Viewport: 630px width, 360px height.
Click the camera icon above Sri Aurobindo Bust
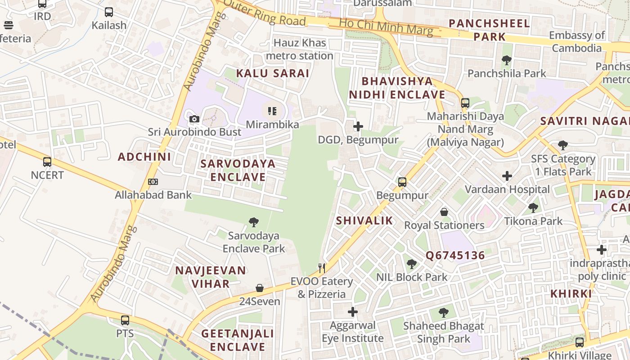194,119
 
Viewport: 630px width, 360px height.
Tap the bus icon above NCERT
47,162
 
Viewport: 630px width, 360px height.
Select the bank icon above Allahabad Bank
153,182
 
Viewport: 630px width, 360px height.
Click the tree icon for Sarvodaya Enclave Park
254,222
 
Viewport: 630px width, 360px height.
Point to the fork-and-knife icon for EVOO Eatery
322,268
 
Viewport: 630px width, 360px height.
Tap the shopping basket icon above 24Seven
260,288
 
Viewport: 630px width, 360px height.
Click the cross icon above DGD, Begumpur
358,126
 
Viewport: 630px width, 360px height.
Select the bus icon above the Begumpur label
402,182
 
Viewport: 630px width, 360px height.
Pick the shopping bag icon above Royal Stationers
444,211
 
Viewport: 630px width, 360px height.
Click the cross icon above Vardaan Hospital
507,176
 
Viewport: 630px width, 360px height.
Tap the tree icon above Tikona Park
533,207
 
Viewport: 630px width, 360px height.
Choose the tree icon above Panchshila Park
507,60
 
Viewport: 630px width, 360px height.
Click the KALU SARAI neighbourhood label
273,73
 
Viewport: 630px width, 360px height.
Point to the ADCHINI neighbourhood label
144,157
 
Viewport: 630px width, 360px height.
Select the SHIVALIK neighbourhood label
364,220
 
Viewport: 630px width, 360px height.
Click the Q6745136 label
455,256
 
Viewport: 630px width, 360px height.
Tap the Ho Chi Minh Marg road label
386,27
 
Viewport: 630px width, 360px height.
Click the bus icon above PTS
125,320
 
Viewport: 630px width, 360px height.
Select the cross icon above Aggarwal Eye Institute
353,311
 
